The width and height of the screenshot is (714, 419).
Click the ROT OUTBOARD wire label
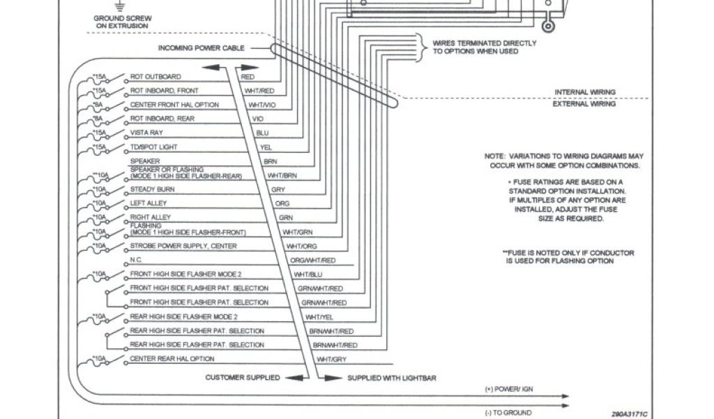pyautogui.click(x=155, y=76)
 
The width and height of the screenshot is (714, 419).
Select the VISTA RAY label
pyautogui.click(x=145, y=132)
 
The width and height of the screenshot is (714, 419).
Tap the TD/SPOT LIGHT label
pyautogui.click(x=154, y=147)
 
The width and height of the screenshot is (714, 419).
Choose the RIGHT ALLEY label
pyautogui.click(x=150, y=217)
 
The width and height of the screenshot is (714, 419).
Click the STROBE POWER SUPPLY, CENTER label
pyautogui.click(x=183, y=246)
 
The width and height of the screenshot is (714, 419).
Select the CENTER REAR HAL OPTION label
pyautogui.click(x=172, y=358)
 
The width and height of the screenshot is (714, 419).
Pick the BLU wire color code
pyautogui.click(x=262, y=133)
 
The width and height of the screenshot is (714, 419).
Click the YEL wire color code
pyautogui.click(x=266, y=147)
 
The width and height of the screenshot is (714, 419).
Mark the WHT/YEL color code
pyautogui.click(x=319, y=316)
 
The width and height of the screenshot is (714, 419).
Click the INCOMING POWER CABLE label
pyautogui.click(x=203, y=48)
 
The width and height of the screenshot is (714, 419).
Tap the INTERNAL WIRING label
pyautogui.click(x=584, y=91)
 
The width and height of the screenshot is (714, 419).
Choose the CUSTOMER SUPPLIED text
pyautogui.click(x=242, y=377)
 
